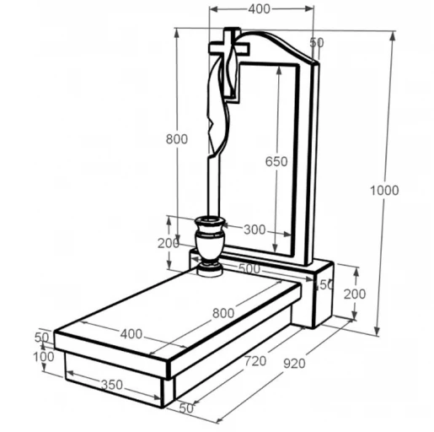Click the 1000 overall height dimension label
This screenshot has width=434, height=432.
coord(384,191)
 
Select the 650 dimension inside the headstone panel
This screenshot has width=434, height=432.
coord(276,161)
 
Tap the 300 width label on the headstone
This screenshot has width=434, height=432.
coord(255,229)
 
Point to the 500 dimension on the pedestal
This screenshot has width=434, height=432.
coord(249,268)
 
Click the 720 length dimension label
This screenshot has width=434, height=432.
coord(255,361)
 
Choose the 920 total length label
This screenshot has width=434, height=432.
coord(294,364)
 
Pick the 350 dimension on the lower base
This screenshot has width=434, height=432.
coord(112,385)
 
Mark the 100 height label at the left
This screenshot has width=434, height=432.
coord(44,357)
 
